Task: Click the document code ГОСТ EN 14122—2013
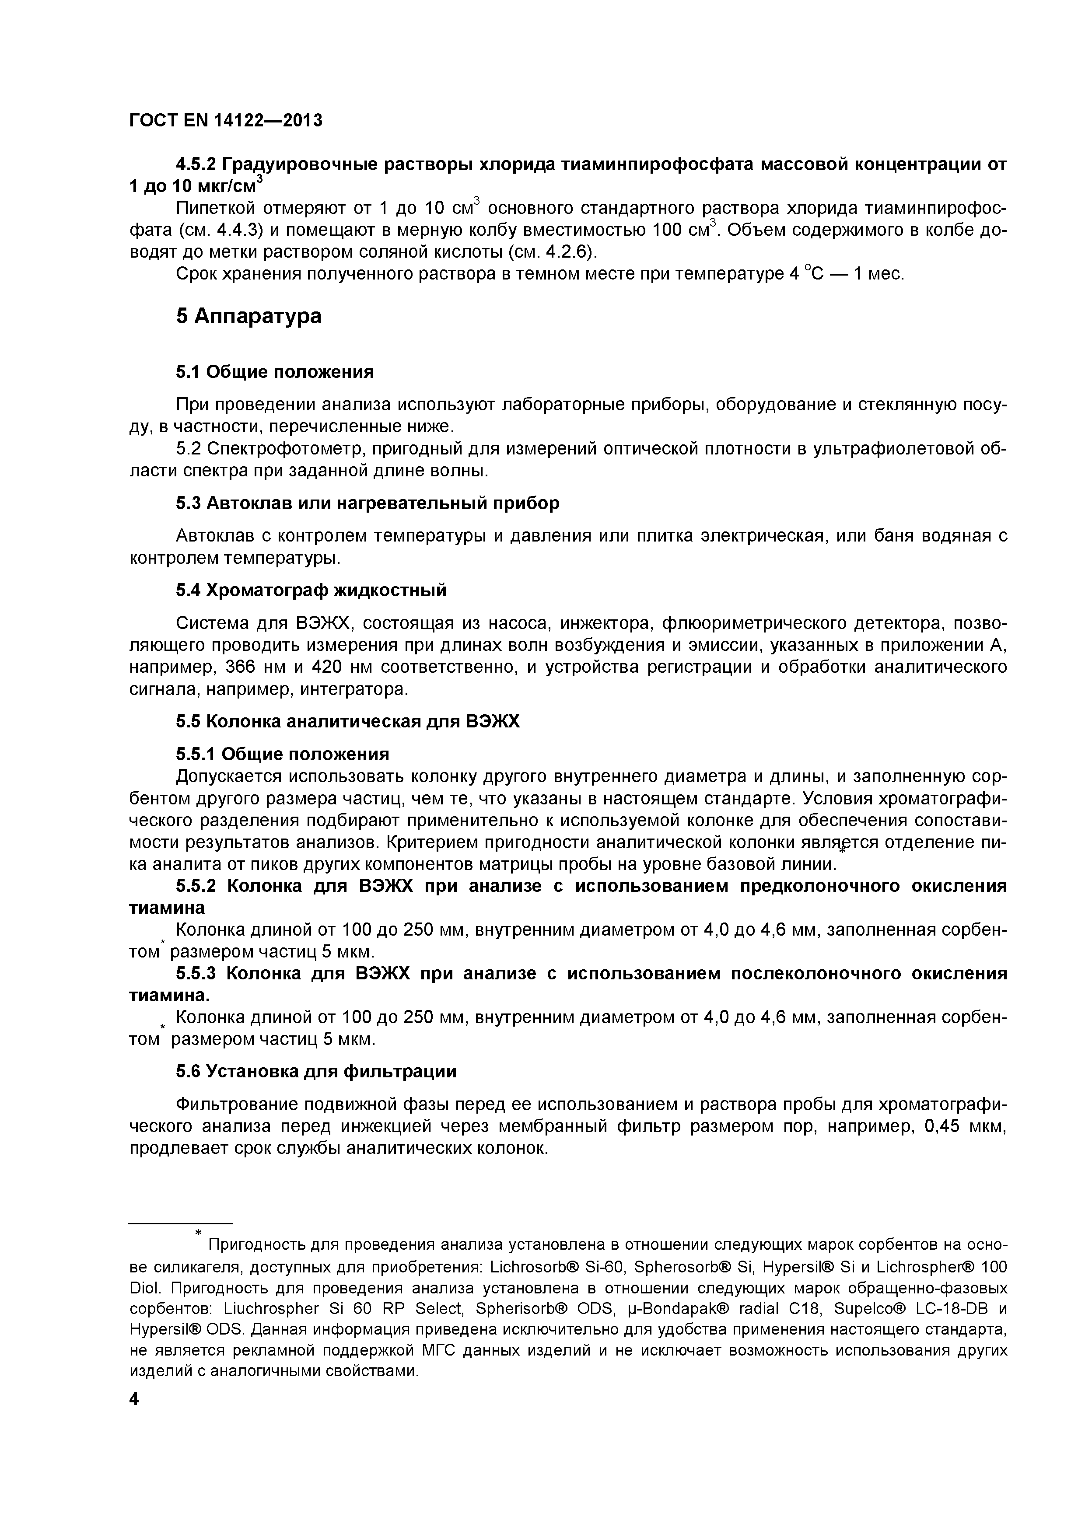[x=225, y=120]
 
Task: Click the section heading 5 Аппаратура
[x=248, y=316]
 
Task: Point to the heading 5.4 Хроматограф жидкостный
[x=311, y=591]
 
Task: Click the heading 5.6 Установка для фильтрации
[x=316, y=1072]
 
